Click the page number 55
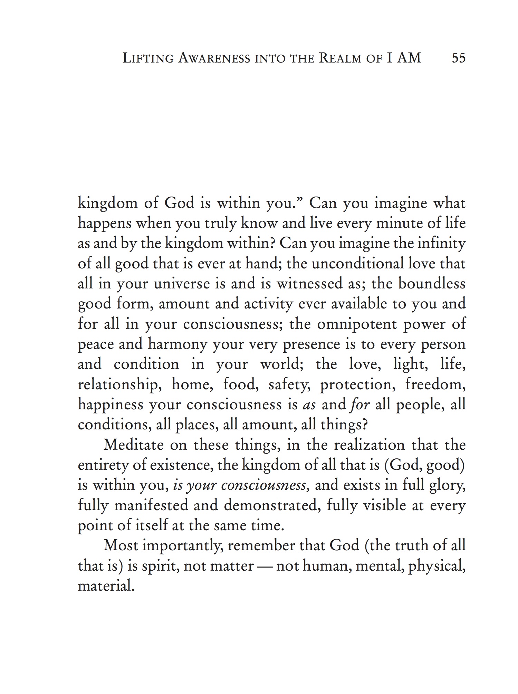458,58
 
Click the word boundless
432,284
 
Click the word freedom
435,384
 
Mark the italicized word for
359,405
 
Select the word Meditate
133,445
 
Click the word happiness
110,405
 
